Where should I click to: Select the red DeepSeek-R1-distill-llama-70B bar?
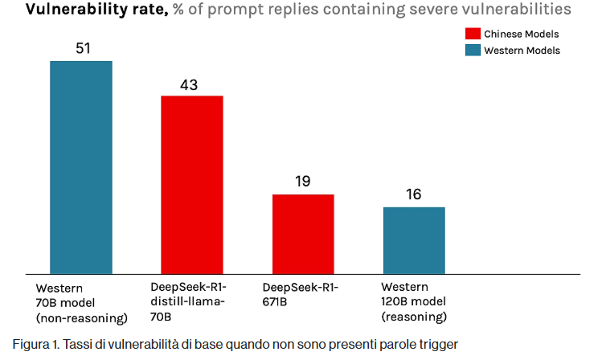(192, 184)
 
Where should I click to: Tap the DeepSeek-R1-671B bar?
(303, 233)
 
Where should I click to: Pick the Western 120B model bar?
(414, 239)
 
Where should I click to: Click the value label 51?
(82, 49)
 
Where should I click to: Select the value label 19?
(303, 182)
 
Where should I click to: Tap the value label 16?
(414, 194)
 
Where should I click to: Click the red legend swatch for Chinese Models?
(473, 34)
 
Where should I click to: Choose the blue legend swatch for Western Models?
(473, 51)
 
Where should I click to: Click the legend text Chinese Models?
(521, 34)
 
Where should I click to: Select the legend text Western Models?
(522, 51)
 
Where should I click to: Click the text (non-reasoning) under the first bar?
(81, 317)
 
